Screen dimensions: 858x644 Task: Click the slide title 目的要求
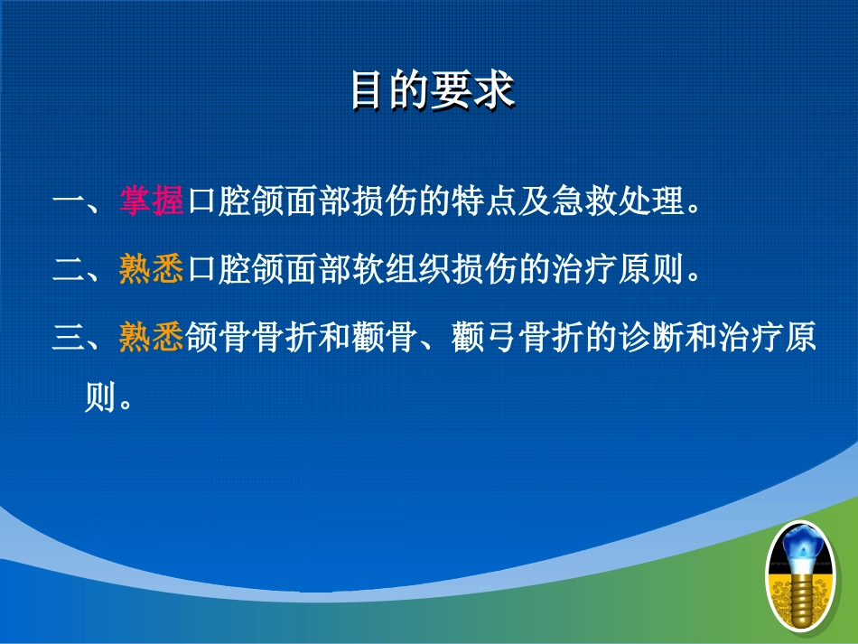pyautogui.click(x=433, y=89)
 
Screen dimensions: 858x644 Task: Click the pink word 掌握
pyautogui.click(x=152, y=201)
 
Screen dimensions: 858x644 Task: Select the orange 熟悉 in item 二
pyautogui.click(x=152, y=268)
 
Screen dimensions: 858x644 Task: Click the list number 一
pyautogui.click(x=69, y=201)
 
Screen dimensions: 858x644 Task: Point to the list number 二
pyautogui.click(x=69, y=268)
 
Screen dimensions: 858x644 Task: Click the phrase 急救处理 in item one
pyautogui.click(x=618, y=201)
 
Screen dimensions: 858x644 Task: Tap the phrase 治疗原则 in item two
pyautogui.click(x=618, y=268)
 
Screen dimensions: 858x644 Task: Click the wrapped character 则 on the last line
pyautogui.click(x=100, y=397)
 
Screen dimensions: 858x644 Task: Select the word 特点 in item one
pyautogui.click(x=484, y=201)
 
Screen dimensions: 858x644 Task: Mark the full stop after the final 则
pyautogui.click(x=126, y=405)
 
